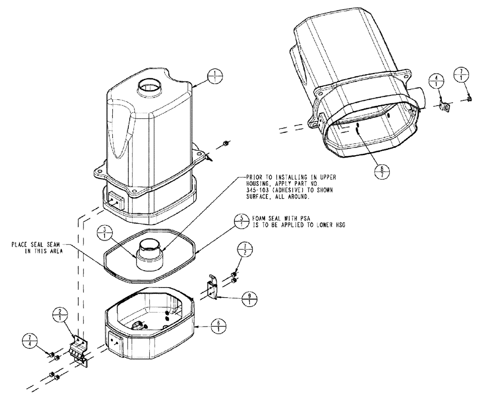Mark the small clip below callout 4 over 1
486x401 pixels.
pos(444,107)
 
